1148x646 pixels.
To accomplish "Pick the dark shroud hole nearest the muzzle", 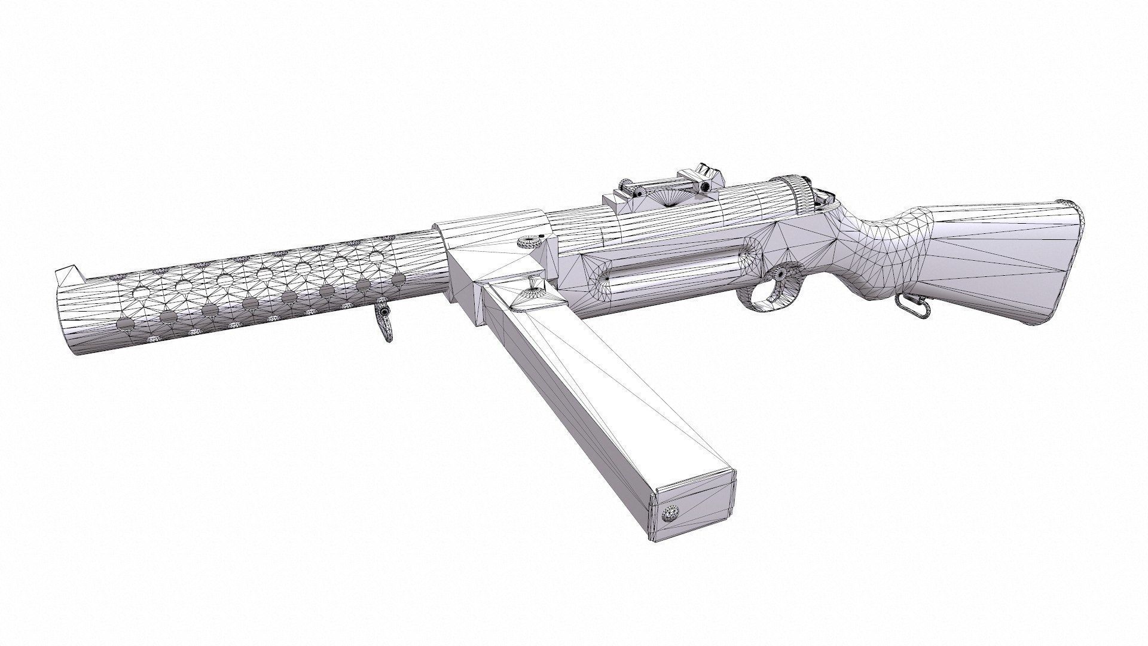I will click(126, 324).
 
